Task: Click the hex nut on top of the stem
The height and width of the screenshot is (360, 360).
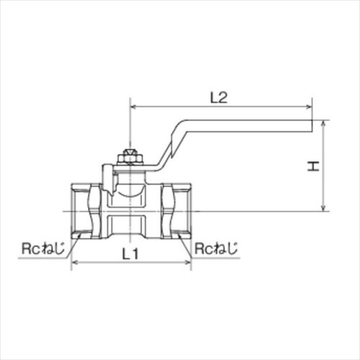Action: (x=130, y=155)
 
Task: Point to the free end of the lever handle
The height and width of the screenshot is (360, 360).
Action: (x=311, y=127)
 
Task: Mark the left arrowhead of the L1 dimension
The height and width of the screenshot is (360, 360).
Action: (x=74, y=263)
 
